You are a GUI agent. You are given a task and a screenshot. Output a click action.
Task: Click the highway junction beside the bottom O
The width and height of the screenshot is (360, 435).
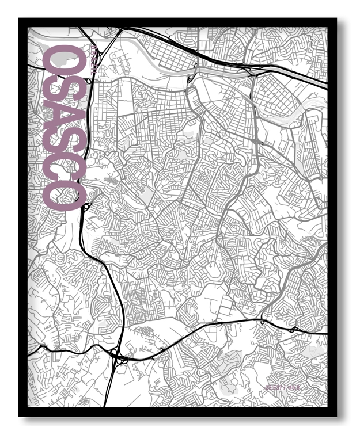(86, 205)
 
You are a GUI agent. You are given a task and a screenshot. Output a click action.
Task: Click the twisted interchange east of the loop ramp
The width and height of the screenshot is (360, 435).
(294, 329)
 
